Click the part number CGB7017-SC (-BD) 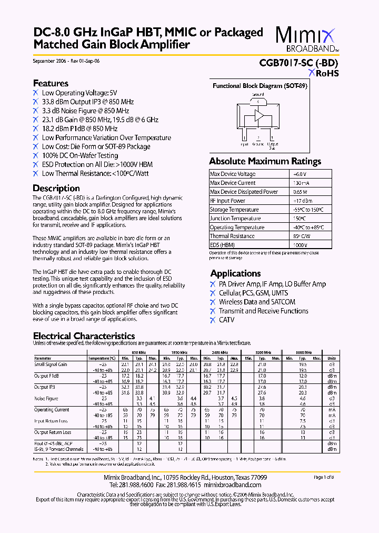coord(298,62)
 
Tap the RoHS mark coord(324,74)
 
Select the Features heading coord(51,83)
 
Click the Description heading coord(56,188)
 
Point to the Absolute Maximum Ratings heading coord(265,161)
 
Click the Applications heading coord(235,273)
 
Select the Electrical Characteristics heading coord(84,336)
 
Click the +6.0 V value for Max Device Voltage coord(300,174)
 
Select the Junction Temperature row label coord(234,219)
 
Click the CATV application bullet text coord(226,320)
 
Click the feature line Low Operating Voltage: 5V coord(79,93)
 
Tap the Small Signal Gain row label coord(51,364)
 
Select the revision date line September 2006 coord(66,61)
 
